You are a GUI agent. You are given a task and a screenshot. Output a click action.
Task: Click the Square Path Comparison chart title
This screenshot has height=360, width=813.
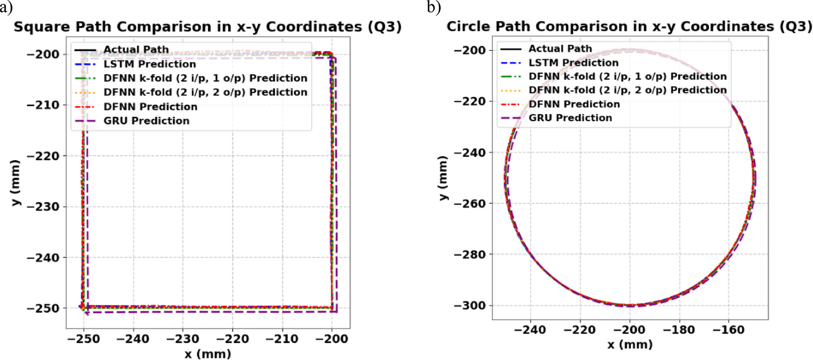click(207, 27)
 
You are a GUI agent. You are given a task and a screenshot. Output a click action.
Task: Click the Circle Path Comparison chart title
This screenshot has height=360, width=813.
click(629, 26)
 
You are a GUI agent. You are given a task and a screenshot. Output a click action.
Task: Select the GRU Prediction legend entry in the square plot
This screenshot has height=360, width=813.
click(146, 121)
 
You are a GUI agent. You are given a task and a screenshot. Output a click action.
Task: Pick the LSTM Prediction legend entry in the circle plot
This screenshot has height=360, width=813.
click(573, 63)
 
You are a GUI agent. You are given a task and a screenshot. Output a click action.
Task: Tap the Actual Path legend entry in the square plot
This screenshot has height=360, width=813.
click(136, 49)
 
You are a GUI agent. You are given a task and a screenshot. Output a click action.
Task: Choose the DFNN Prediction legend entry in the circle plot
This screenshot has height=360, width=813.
click(574, 104)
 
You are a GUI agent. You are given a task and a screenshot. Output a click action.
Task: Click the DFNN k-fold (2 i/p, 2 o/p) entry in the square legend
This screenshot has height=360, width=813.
click(205, 92)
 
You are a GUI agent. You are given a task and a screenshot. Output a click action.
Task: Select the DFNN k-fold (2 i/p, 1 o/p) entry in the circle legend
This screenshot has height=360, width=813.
click(627, 76)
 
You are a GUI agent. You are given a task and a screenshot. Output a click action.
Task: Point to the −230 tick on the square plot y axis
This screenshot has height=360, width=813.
click(43, 207)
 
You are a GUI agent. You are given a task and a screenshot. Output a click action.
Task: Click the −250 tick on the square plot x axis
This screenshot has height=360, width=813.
click(83, 339)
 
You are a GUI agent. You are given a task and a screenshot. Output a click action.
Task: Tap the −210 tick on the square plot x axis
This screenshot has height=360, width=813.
click(282, 339)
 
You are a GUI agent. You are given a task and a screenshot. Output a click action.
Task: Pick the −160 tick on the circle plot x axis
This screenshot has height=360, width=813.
click(728, 330)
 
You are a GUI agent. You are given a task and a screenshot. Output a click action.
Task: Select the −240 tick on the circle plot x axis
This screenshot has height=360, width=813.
click(530, 330)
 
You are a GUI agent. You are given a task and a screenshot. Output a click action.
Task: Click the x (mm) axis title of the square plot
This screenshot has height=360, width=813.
click(208, 354)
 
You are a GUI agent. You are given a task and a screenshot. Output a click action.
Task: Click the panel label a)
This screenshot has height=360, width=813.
click(6, 7)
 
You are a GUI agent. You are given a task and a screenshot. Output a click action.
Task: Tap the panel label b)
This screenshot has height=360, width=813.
click(434, 7)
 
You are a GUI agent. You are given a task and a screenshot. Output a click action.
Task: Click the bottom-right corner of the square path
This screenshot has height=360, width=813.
click(333, 308)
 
